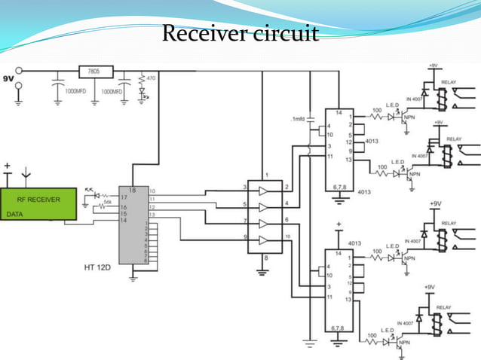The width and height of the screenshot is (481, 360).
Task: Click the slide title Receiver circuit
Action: [240, 34]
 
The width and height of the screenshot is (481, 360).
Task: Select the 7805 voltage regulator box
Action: [96, 72]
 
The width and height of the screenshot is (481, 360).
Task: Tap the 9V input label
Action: [8, 78]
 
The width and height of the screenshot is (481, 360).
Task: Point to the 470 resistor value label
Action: [151, 78]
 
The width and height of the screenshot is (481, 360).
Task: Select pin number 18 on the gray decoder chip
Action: [132, 190]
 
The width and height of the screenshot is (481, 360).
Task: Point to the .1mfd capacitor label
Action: [299, 120]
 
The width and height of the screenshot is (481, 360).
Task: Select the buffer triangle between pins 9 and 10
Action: [263, 240]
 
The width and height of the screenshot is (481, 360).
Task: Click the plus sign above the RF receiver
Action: [8, 165]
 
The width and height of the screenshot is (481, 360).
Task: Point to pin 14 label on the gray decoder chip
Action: [122, 220]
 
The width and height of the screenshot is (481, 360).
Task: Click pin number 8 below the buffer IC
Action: [263, 258]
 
